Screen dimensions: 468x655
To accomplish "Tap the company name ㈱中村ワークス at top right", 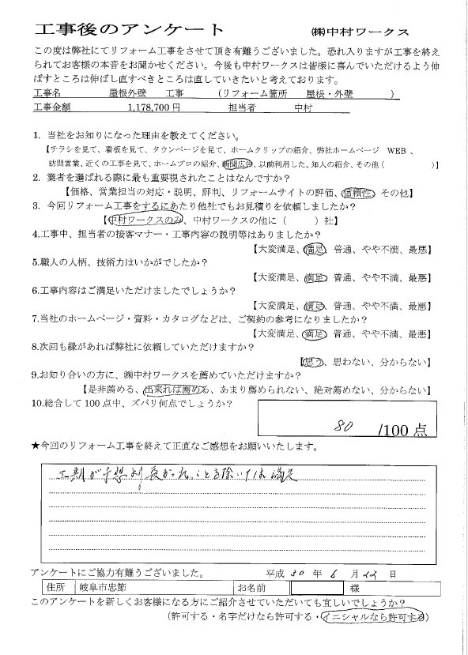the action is pos(360,31).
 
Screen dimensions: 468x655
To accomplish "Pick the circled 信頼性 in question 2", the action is pos(357,192).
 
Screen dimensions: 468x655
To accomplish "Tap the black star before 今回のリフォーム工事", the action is pos(36,448).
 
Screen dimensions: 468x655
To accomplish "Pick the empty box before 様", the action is pos(320,589).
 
